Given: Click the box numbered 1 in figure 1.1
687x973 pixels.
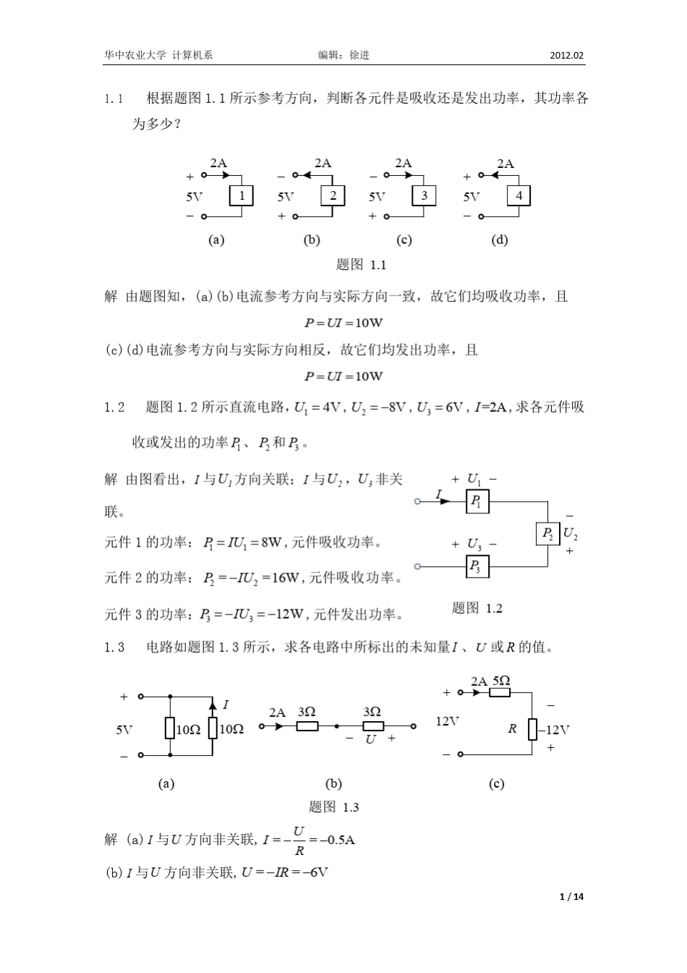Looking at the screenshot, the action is [x=242, y=195].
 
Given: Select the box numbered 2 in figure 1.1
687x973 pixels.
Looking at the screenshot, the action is [x=333, y=195].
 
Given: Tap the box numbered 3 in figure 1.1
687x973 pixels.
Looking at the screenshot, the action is [x=424, y=195].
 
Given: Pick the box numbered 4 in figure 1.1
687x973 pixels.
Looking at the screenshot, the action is [x=519, y=195].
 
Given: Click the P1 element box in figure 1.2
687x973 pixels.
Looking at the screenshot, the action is [x=477, y=501].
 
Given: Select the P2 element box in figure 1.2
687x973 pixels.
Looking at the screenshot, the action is [x=547, y=534].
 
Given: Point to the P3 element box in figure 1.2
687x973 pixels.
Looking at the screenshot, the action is [x=477, y=566].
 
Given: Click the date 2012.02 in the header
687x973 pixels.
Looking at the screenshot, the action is [x=567, y=56].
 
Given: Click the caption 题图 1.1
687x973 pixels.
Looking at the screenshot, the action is [x=361, y=264].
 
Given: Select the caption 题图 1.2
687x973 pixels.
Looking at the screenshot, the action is [x=477, y=607].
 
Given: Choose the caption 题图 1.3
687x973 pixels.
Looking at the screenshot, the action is [x=333, y=807].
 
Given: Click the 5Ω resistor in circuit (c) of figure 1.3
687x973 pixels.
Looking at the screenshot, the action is [x=500, y=692].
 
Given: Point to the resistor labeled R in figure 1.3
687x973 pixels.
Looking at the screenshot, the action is [x=532, y=729].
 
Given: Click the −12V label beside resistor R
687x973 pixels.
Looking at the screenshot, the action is [x=554, y=730].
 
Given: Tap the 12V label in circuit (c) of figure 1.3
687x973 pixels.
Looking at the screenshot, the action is [x=448, y=721].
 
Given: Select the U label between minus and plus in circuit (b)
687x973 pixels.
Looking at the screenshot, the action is [x=370, y=739].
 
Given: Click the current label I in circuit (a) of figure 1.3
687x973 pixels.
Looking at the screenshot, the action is [x=226, y=704].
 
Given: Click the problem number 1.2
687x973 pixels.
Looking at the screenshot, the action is [x=114, y=408].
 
